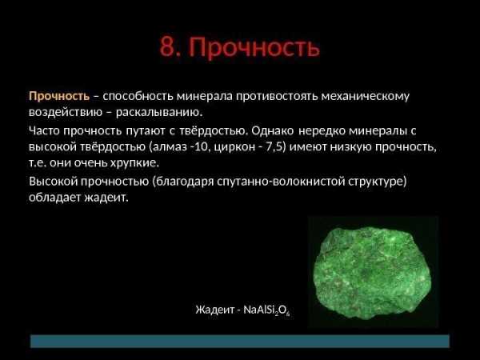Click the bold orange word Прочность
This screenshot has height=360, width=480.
[x=59, y=96]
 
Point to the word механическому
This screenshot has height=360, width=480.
[x=366, y=97]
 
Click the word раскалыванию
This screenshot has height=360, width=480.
[x=159, y=113]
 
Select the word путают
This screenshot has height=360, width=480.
[x=146, y=131]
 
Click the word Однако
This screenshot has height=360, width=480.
[x=273, y=130]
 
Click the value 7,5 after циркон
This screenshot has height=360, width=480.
[x=274, y=147]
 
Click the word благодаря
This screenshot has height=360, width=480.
[x=186, y=182]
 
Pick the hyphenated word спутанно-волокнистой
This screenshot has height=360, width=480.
[x=281, y=182]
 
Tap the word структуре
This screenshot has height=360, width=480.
[x=377, y=182]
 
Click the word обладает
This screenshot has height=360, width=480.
[x=54, y=198]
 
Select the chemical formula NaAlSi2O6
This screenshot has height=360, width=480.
[x=266, y=310]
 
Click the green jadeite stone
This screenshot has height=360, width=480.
[x=373, y=273]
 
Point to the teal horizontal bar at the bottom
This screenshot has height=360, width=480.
[x=240, y=341]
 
